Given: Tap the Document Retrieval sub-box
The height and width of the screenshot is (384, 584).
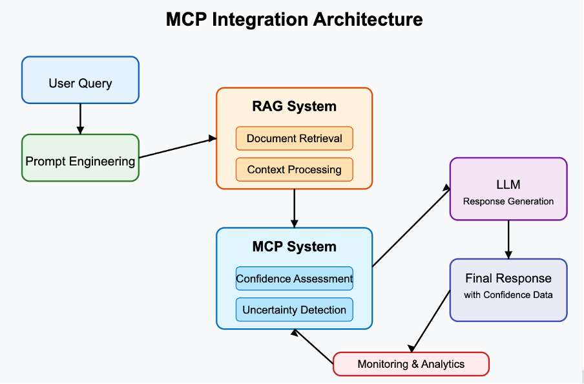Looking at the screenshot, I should [x=294, y=138].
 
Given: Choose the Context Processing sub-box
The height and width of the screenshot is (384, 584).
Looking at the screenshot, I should [x=294, y=169].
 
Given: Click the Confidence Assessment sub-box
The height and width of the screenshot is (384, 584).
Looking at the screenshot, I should [x=294, y=279].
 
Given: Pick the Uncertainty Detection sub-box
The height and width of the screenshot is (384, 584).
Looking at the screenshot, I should [x=294, y=310].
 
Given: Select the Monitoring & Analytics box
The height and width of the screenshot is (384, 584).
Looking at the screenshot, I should [x=411, y=364].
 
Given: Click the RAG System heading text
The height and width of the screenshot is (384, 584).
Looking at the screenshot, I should [x=294, y=107].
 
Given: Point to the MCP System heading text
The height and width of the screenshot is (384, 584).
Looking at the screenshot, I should [x=294, y=246].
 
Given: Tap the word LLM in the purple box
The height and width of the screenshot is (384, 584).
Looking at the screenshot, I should [x=508, y=186].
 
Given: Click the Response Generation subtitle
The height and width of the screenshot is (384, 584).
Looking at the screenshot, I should [x=508, y=201].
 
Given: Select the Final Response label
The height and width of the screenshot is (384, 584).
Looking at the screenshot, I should [x=508, y=279].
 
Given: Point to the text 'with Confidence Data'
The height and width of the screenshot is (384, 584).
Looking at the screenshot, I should [x=508, y=295].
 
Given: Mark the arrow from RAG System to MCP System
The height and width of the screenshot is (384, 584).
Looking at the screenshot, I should [x=295, y=208].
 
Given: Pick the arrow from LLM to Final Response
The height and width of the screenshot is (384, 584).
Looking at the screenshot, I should [x=508, y=239].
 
